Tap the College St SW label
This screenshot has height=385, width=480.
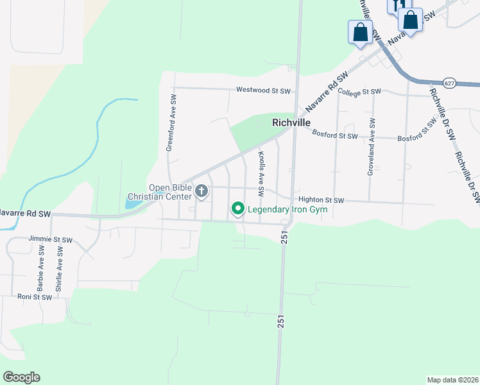(359, 92)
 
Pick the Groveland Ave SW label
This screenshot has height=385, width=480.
(371, 146)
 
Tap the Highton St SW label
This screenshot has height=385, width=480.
(321, 200)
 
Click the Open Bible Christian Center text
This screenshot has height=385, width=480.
(169, 192)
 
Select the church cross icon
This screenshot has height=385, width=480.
(202, 191)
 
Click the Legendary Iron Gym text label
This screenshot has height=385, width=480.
(287, 209)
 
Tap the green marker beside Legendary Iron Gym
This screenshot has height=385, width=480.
(238, 209)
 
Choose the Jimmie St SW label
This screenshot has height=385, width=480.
(50, 239)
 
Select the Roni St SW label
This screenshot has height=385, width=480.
(34, 297)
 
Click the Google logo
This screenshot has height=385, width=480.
(21, 377)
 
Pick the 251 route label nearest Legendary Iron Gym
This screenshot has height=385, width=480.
(284, 237)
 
